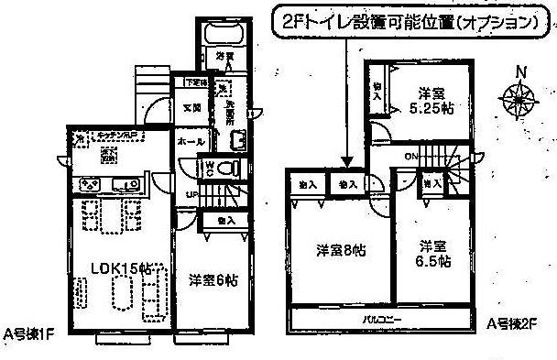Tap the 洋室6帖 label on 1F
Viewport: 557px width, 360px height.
tap(213, 281)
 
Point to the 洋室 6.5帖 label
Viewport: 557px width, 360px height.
tap(432, 254)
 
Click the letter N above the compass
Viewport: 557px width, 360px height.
tap(519, 72)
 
